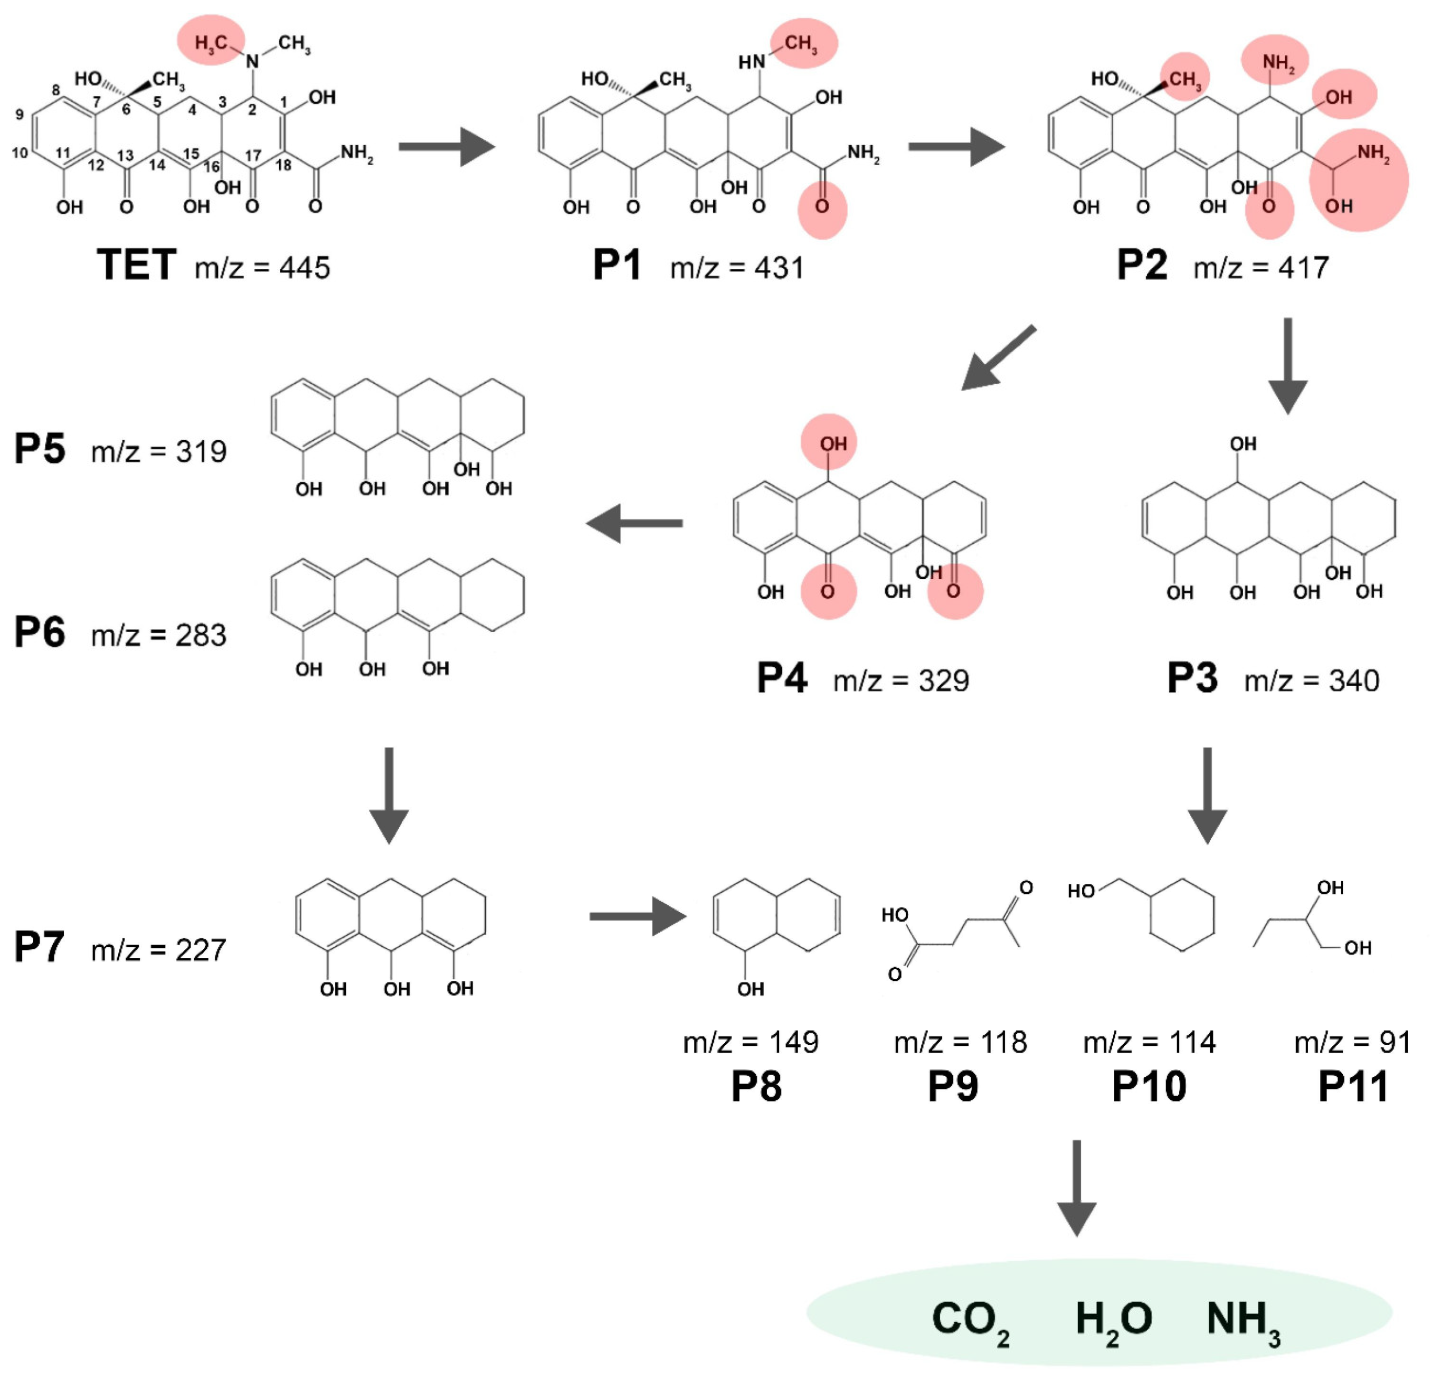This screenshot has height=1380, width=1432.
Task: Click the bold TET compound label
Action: tap(137, 265)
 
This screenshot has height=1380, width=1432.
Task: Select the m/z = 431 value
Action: tap(737, 268)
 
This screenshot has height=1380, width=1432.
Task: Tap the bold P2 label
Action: tap(1142, 265)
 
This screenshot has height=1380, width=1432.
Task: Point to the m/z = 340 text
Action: tap(1311, 681)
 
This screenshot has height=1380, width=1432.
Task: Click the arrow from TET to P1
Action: tap(446, 147)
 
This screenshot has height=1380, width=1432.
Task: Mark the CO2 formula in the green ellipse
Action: tap(970, 1321)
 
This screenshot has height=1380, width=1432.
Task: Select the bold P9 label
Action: tap(953, 1087)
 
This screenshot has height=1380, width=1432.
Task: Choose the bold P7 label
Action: tap(39, 947)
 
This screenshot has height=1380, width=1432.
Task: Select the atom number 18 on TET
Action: tap(284, 165)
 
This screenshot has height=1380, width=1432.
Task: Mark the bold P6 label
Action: tap(39, 633)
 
